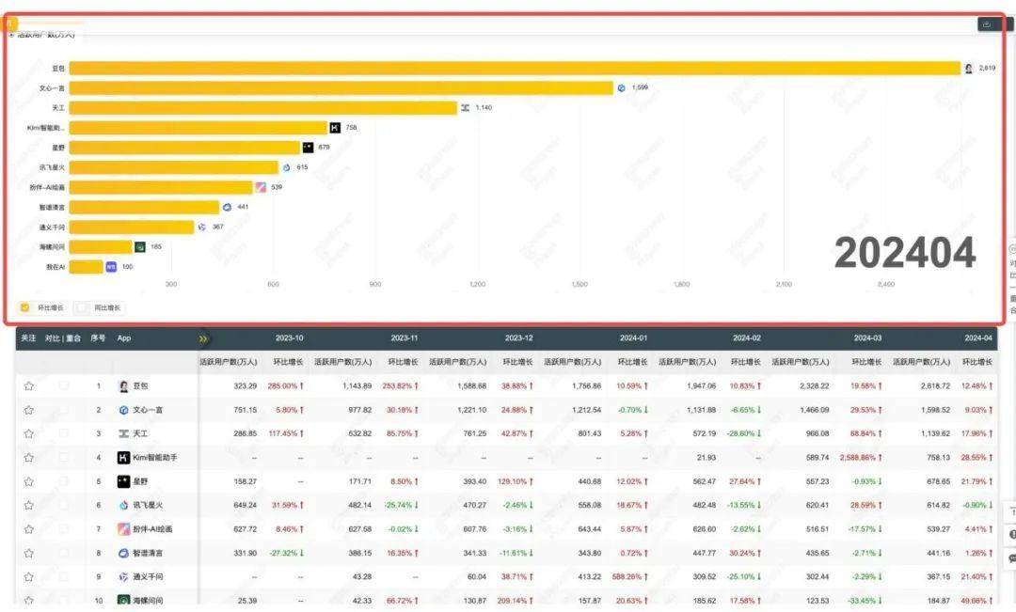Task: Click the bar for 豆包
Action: [514, 68]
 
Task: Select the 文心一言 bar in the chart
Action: [341, 87]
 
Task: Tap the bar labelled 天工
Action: [262, 107]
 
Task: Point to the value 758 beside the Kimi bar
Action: [351, 128]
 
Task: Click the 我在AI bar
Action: [86, 267]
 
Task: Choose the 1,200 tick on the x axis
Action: [477, 284]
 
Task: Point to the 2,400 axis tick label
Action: [885, 284]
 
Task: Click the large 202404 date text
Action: [904, 253]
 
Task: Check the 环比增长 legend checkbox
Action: [25, 307]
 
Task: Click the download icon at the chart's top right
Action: [986, 24]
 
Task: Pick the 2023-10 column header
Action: [289, 338]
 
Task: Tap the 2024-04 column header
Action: [978, 338]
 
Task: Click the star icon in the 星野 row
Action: [29, 481]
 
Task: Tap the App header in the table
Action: [124, 338]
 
